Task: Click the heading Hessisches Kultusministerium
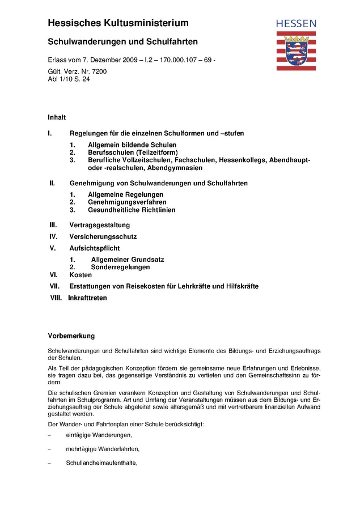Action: [x=118, y=23]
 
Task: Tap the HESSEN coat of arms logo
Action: [x=296, y=50]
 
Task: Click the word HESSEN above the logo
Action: [x=296, y=24]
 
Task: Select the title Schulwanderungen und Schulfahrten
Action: [x=122, y=42]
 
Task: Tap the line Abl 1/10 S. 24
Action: [x=69, y=79]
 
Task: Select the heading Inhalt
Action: [x=57, y=117]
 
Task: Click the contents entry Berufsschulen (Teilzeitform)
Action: [x=133, y=153]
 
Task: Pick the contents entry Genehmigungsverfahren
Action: [x=127, y=202]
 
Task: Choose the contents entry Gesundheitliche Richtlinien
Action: [x=132, y=210]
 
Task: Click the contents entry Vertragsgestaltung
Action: [x=100, y=225]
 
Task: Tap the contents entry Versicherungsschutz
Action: [x=103, y=236]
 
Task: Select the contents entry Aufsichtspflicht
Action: [x=95, y=248]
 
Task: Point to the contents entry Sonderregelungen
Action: [x=120, y=267]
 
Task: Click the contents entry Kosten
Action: [x=81, y=275]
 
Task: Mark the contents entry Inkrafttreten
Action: [x=87, y=298]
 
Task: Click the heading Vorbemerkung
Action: [x=71, y=336]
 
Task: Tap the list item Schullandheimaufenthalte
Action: [x=102, y=463]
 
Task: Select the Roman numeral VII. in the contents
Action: [x=54, y=286]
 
